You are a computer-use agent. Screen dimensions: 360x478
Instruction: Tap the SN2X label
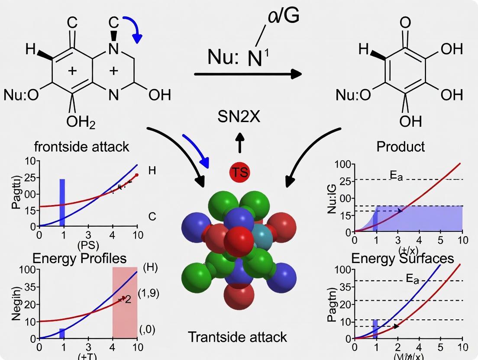[239, 116]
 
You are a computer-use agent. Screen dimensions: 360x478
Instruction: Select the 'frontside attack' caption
[81, 147]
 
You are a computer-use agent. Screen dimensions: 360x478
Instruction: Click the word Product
[400, 147]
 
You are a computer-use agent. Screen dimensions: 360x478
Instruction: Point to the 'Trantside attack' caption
[237, 337]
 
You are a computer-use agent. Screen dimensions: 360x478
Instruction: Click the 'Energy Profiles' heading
[80, 258]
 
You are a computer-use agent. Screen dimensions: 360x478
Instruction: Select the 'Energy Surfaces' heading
[402, 258]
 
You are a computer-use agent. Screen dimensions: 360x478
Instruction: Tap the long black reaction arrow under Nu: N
[248, 74]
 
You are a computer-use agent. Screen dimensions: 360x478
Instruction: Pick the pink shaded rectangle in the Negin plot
[125, 302]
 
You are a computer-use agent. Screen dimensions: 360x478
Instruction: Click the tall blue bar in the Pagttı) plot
[62, 202]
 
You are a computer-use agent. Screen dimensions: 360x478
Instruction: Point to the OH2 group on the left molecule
[81, 122]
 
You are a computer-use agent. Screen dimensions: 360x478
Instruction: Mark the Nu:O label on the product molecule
[353, 95]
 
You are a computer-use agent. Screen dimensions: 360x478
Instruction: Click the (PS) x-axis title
[88, 245]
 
